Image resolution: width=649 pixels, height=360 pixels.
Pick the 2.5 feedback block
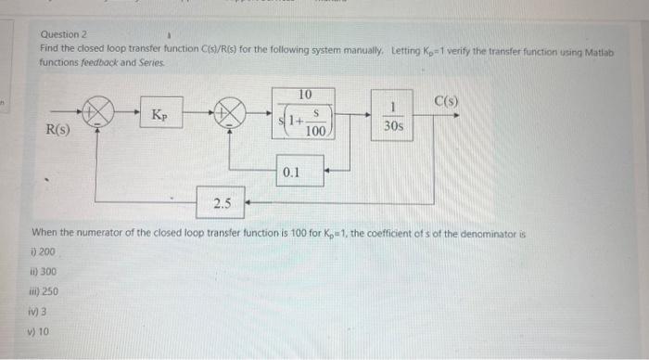coord(222,200)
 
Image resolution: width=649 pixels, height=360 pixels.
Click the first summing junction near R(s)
coord(99,115)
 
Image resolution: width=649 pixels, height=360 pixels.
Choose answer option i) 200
coord(45,252)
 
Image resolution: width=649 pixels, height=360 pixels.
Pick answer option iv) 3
coord(39,309)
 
